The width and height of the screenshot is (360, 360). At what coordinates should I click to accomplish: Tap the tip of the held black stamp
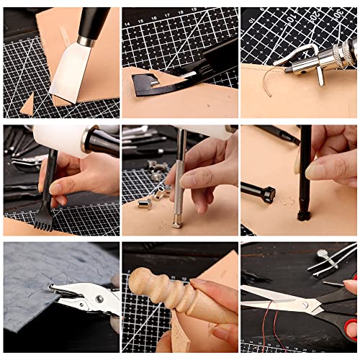[x=303, y=215]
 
